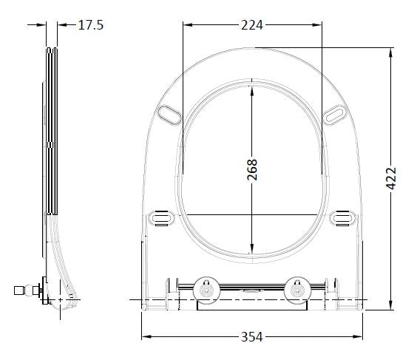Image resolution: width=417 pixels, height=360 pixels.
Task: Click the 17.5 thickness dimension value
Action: (90, 25)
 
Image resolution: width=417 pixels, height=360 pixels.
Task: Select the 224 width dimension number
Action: (252, 25)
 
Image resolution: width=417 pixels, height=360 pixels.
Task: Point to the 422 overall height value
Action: (391, 179)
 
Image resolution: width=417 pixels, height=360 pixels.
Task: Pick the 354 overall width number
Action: (252, 337)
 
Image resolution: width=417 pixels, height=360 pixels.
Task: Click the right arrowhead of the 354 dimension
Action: (361, 337)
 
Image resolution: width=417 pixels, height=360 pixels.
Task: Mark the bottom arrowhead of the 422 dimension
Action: (390, 308)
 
